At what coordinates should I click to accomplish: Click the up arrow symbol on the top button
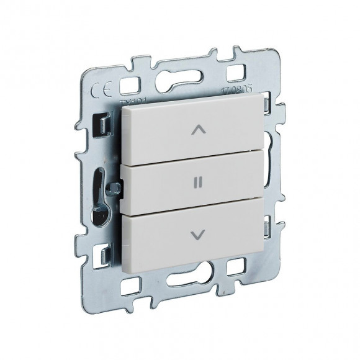(x=198, y=130)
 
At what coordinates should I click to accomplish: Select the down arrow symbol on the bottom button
(x=198, y=234)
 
